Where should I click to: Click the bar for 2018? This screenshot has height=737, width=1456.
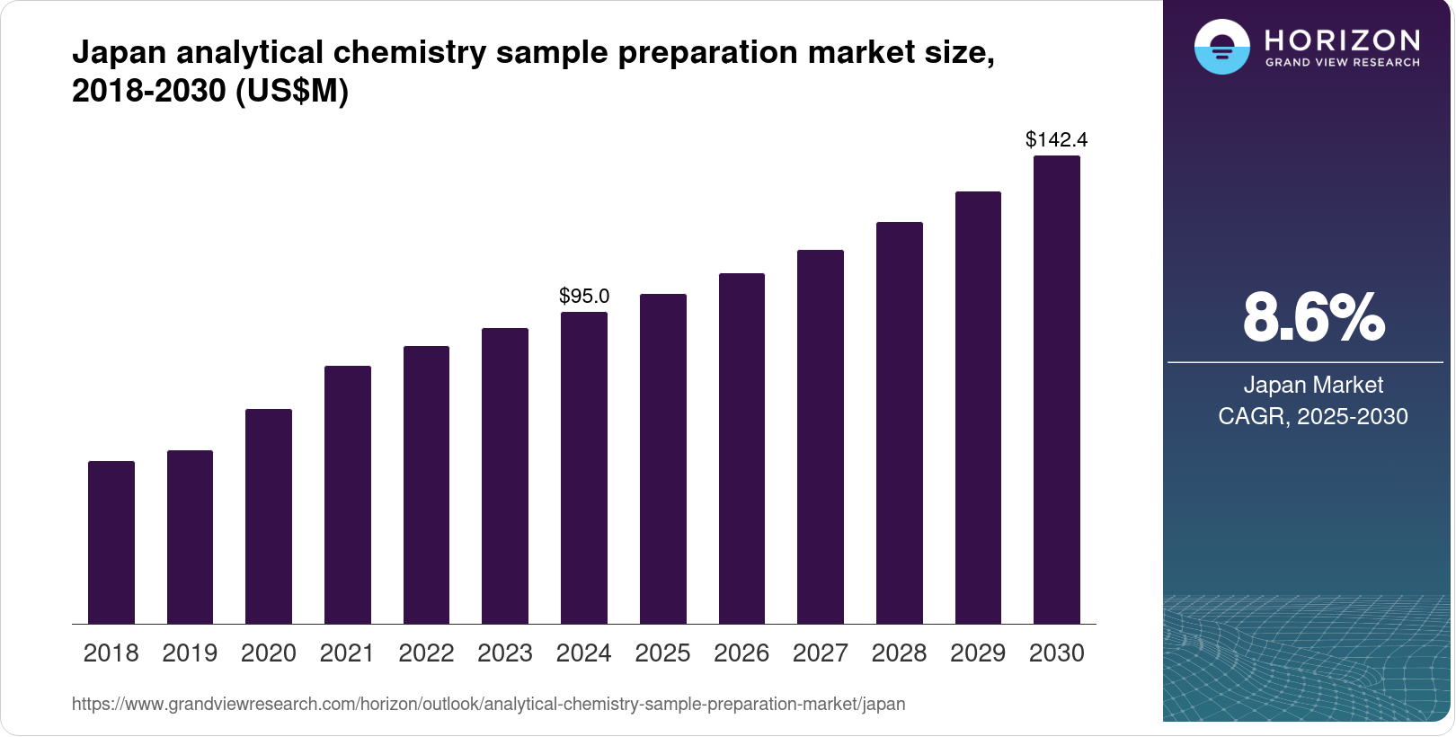(111, 542)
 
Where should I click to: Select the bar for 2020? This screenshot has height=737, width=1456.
(269, 516)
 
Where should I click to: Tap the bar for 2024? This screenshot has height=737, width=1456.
(584, 467)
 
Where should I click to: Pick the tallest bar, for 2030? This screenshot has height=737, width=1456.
(1057, 389)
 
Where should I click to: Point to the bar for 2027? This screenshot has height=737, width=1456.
(821, 437)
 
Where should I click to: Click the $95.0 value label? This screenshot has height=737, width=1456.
(584, 296)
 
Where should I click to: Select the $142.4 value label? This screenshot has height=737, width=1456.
(1057, 139)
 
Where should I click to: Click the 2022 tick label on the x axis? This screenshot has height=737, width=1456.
(426, 653)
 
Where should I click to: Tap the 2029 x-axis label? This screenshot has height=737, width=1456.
(978, 653)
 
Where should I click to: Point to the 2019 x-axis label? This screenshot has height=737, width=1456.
(190, 653)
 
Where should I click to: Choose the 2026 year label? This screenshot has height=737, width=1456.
(741, 653)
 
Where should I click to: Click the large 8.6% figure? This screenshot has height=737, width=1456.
(1313, 317)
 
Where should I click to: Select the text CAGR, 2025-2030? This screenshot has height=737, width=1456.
(1313, 416)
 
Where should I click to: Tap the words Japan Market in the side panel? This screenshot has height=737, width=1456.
(1313, 385)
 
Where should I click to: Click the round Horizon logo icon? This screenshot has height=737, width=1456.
(1221, 47)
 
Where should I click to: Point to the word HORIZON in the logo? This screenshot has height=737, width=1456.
(1342, 40)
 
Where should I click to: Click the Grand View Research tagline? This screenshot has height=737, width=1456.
(1342, 63)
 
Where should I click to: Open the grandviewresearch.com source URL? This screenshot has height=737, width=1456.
(488, 704)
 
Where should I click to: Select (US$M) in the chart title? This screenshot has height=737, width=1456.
(292, 91)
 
